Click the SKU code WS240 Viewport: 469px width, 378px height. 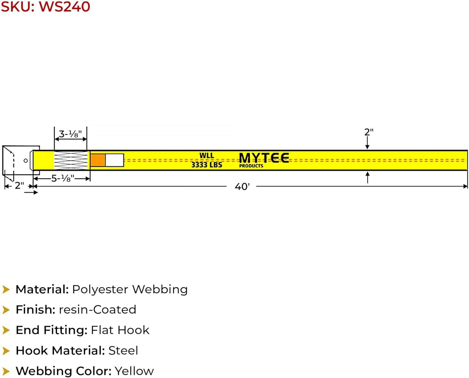tap(64, 7)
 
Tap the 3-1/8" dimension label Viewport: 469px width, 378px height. tap(70, 134)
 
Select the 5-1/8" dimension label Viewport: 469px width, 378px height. tap(63, 179)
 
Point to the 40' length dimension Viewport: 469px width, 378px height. tap(242, 187)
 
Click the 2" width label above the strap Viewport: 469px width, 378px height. tap(369, 132)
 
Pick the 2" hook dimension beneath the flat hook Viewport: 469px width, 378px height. tap(19, 186)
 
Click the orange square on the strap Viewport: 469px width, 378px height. tap(98, 160)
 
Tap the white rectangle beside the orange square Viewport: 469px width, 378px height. tap(115, 160)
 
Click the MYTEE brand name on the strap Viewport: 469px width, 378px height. tap(264, 158)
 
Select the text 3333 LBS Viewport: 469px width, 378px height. tap(207, 165)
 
